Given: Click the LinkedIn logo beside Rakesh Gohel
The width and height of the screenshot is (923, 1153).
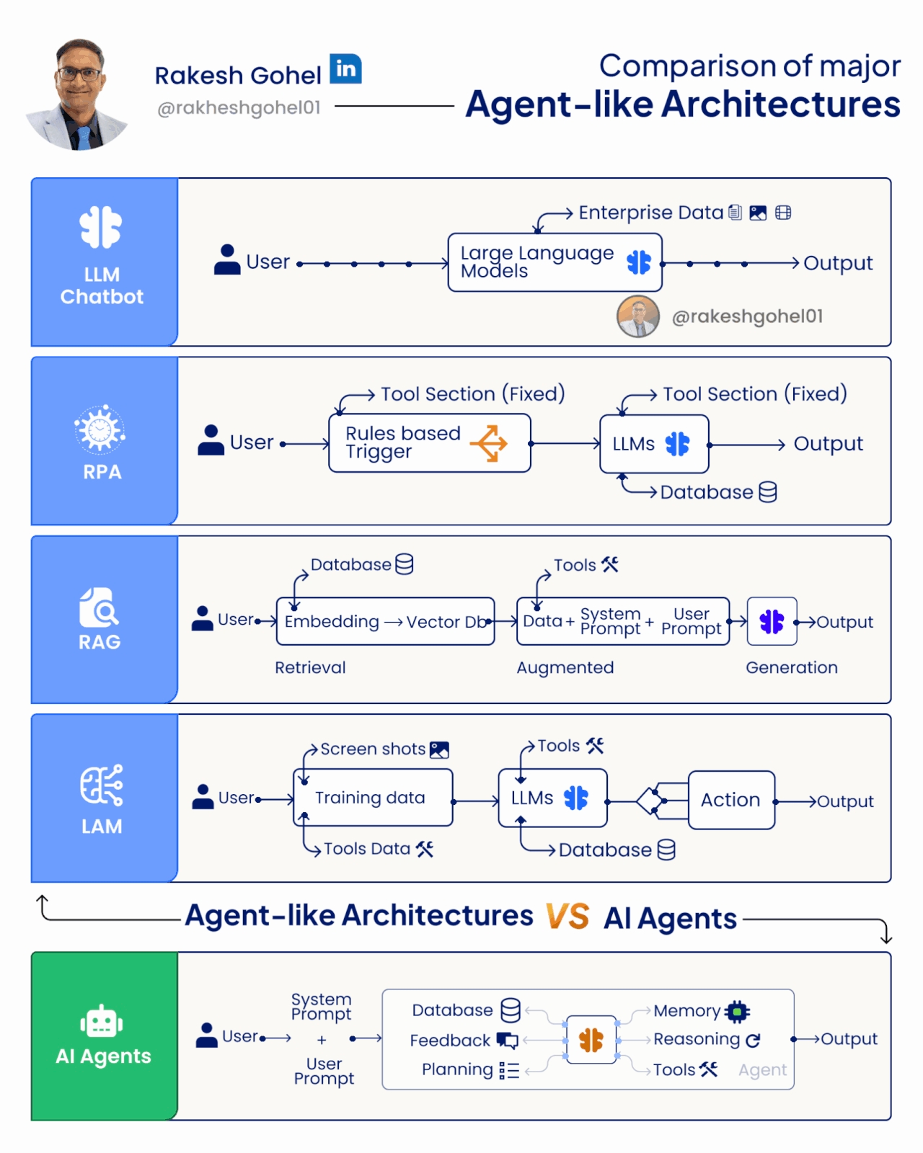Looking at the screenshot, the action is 345,68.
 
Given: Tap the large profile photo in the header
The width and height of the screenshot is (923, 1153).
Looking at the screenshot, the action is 79,94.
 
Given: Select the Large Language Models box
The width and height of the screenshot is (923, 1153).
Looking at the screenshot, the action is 555,262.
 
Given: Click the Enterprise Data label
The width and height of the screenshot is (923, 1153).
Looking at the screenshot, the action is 650,213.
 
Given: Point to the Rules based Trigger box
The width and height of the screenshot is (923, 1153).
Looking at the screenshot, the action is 430,442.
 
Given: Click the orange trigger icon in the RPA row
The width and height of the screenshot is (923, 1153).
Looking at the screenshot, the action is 489,443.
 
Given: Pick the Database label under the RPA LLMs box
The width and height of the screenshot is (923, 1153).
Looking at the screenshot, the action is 707,492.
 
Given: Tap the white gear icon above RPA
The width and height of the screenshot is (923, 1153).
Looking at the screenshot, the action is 100,429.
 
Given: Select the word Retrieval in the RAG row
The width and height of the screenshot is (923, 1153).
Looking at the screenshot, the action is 310,667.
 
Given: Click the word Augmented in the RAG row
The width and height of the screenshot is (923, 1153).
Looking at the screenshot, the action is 565,667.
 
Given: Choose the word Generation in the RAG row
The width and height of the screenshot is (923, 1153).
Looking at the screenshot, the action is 792,667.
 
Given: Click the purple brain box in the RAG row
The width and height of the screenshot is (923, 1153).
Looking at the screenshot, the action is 772,621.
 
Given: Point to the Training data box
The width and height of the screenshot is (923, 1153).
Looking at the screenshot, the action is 373,798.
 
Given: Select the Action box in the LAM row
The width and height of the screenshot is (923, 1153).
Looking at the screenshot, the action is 731,800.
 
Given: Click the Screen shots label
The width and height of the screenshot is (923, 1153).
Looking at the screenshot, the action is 373,749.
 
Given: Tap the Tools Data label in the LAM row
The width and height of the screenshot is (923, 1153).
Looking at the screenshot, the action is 367,849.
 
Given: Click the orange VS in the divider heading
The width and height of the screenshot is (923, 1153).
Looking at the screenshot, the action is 568,916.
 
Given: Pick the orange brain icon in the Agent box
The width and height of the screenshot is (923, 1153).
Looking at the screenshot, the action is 591,1039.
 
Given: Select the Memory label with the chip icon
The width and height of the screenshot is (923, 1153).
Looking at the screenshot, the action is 701,1011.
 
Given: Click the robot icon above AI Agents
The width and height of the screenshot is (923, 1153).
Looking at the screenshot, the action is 102,1021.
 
